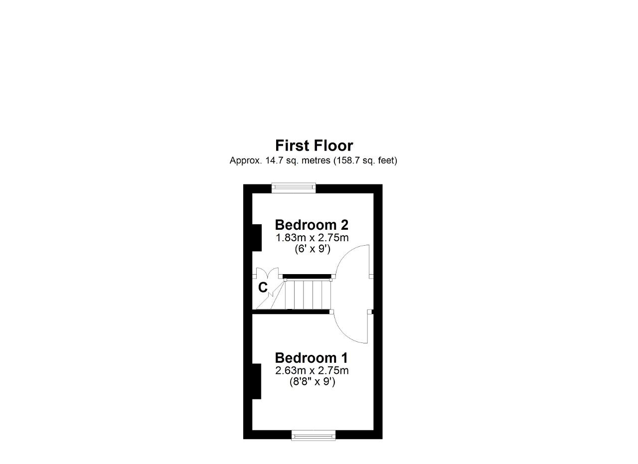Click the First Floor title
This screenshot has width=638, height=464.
pos(314,146)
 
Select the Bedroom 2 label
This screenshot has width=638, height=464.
pos(312,225)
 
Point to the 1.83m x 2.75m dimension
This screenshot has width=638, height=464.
pos(312,238)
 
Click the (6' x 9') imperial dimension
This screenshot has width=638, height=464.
pos(313,249)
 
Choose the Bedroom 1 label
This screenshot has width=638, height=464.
pos(312,358)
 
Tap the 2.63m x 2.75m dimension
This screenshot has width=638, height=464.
pos(312,371)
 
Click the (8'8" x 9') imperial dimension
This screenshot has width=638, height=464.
pos(313,382)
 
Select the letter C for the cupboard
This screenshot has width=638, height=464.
pos(263,288)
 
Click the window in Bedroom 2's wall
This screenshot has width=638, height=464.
pos(294,187)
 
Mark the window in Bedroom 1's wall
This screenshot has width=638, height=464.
pos(314,436)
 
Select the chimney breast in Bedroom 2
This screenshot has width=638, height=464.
pos(257,238)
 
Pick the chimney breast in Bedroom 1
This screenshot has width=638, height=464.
pos(257,381)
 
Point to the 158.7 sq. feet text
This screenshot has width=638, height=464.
pos(363,160)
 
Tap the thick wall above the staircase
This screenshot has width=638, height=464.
pos(307,276)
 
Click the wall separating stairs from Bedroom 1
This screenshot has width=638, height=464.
pos(291,311)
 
